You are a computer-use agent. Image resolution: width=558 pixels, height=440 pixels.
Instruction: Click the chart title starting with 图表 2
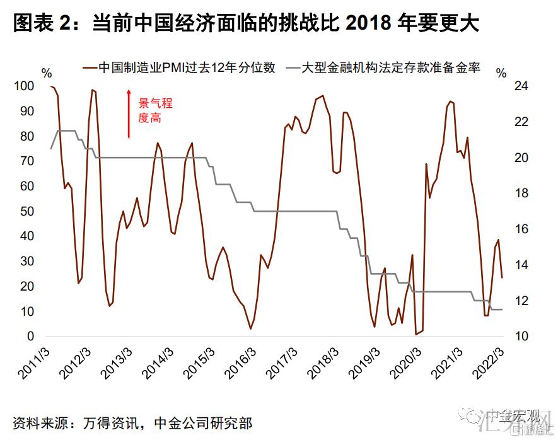(246, 24)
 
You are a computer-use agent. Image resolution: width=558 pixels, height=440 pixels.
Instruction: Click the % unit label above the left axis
(47, 72)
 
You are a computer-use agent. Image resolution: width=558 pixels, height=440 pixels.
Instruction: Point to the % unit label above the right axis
(501, 72)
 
